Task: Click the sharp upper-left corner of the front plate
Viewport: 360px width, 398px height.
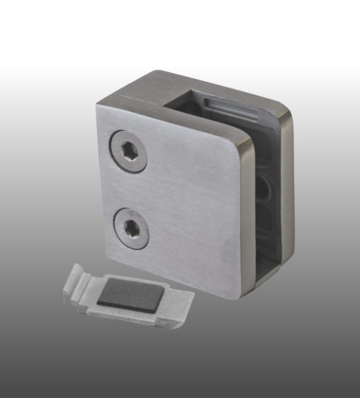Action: [x=97, y=104]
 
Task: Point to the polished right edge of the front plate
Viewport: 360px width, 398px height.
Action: [x=244, y=212]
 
